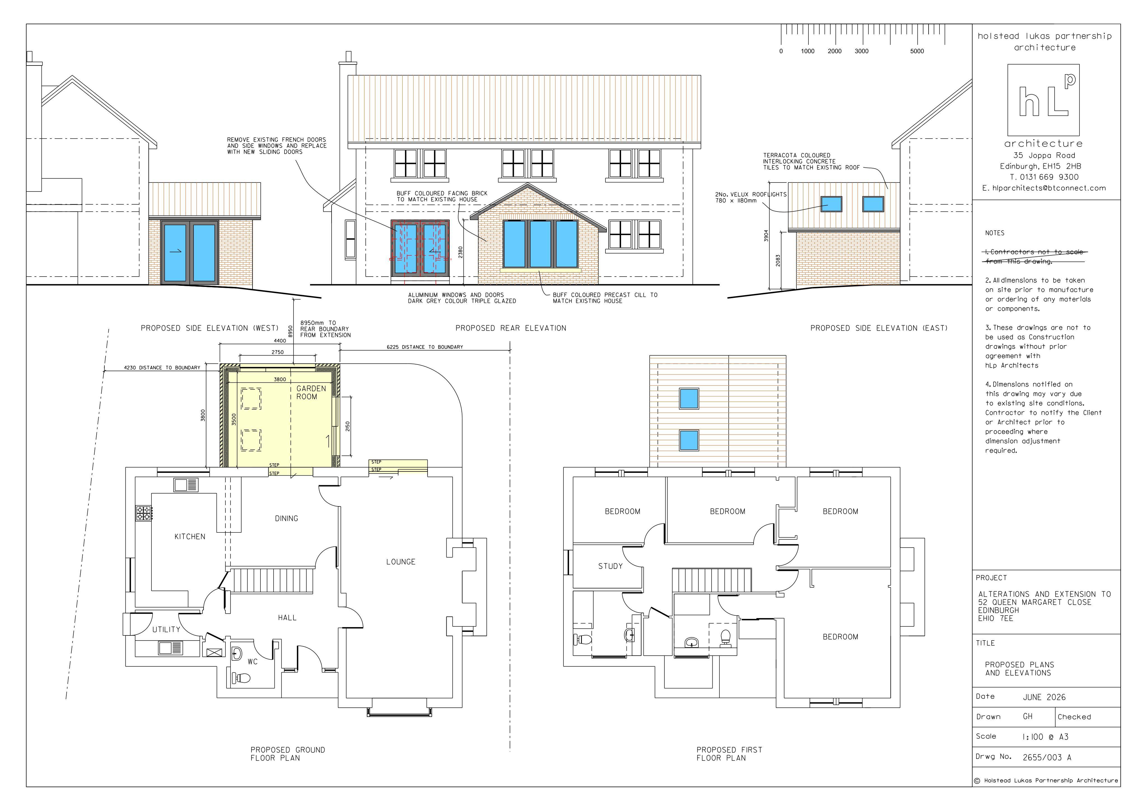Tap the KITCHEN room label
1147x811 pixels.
coord(190,537)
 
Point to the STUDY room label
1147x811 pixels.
coord(610,566)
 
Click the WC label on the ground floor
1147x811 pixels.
coord(253,662)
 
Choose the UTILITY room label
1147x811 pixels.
coord(166,630)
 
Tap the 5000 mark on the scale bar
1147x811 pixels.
coord(917,51)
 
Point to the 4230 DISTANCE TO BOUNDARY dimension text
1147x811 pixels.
coord(162,368)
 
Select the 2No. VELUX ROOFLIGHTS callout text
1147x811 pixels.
coord(750,198)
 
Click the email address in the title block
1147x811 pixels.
coord(1044,188)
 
